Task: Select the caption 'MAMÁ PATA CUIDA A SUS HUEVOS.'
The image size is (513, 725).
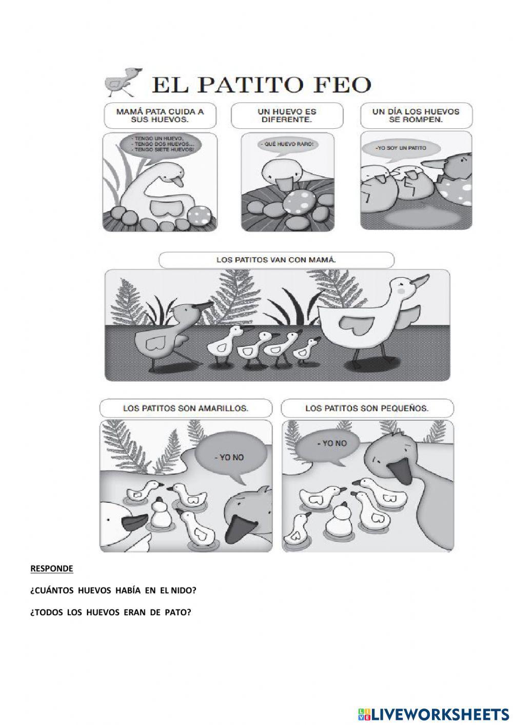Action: click(160, 115)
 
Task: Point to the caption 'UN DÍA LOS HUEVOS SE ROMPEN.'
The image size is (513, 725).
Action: click(416, 115)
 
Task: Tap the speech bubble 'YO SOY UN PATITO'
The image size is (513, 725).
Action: click(401, 148)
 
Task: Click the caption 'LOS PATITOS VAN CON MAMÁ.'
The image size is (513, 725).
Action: click(276, 260)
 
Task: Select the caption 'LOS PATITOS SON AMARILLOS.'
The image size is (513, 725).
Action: click(186, 408)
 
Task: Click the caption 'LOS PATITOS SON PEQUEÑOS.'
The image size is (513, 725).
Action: click(367, 408)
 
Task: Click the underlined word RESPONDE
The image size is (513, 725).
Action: click(52, 569)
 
